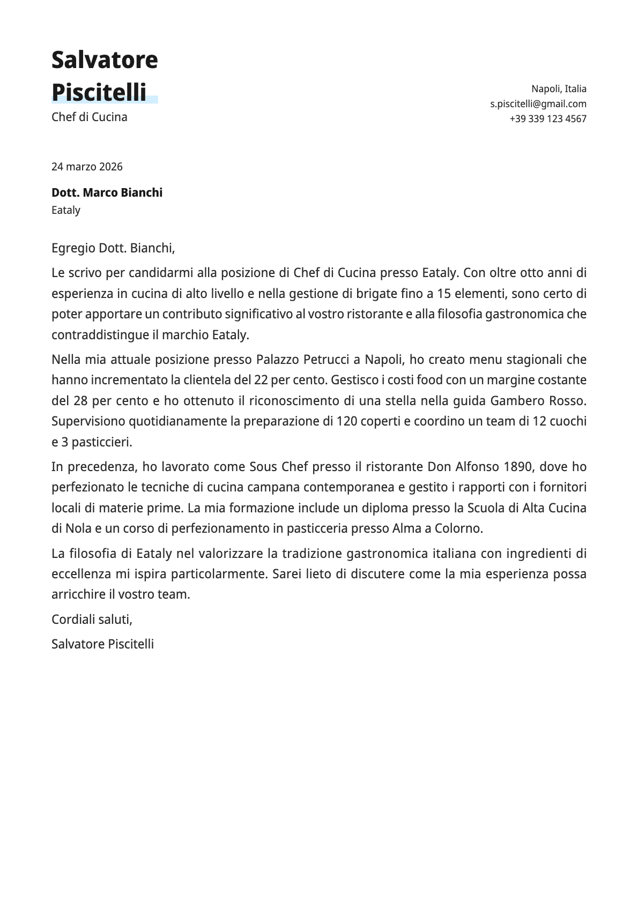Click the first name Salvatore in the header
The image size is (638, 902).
tap(105, 59)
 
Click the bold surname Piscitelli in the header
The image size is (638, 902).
tap(99, 92)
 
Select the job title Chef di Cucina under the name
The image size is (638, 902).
tap(90, 117)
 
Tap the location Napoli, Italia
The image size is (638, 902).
tap(559, 88)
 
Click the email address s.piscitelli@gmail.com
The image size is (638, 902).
tap(538, 103)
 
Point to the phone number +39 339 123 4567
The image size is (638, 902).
tap(547, 118)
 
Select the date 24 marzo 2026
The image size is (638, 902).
tap(87, 167)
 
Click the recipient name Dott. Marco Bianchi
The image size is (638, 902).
tap(107, 192)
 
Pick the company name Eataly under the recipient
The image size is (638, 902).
tap(66, 210)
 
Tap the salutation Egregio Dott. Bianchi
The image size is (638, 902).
tap(113, 248)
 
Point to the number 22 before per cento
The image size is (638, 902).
tap(261, 380)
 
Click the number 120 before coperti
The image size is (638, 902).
tap(346, 421)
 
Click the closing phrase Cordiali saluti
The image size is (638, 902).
tap(92, 619)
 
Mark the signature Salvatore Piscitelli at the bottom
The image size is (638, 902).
tap(102, 644)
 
